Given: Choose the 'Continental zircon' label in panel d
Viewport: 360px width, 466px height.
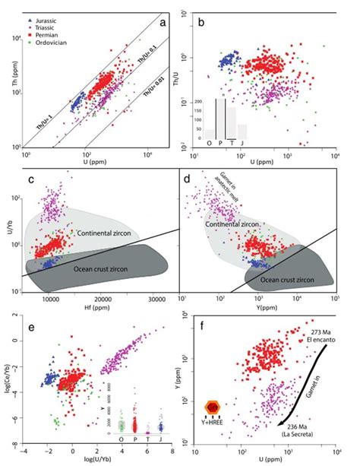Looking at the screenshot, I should [244, 226].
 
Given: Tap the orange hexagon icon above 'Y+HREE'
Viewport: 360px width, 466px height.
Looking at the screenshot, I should [215, 408].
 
